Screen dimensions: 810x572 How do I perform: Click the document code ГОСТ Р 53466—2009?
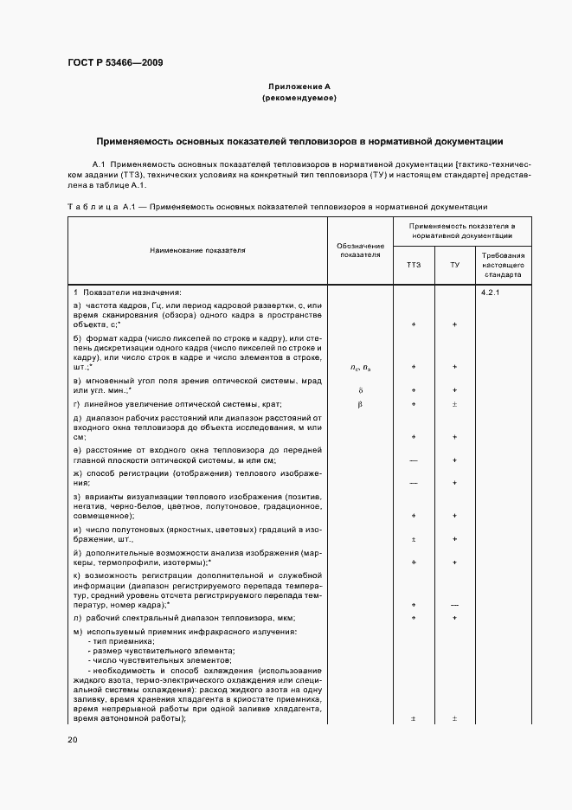tap(114, 62)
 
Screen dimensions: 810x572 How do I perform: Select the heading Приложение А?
tap(299, 87)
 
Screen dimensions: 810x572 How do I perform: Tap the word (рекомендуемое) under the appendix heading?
tap(299, 98)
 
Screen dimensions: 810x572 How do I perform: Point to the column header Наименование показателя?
tap(197, 250)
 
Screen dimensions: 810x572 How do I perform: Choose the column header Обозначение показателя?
tap(360, 250)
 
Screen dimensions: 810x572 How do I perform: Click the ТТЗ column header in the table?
tap(414, 264)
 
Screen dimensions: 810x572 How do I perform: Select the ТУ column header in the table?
tap(454, 264)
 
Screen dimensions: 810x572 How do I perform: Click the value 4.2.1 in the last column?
tap(492, 292)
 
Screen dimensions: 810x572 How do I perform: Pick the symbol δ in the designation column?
tap(360, 390)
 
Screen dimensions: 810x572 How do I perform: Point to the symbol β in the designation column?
tap(360, 404)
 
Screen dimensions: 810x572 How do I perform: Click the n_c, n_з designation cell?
tap(360, 367)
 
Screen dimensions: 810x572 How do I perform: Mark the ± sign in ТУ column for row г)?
tap(454, 404)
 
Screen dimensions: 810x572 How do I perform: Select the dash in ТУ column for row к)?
tap(454, 604)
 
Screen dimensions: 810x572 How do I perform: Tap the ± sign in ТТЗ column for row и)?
tap(414, 538)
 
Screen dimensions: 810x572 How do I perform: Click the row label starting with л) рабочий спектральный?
tap(185, 618)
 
